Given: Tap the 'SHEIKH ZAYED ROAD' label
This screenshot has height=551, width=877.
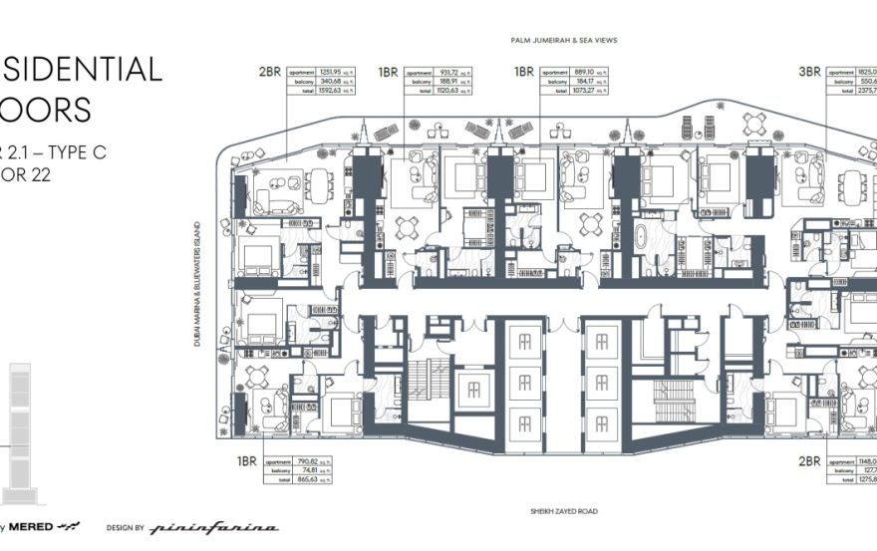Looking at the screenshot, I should tap(562, 512).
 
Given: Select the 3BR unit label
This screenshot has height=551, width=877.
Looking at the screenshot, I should tap(809, 72).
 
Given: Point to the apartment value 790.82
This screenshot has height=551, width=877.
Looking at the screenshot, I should tap(310, 462).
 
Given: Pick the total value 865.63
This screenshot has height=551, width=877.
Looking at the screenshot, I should tap(310, 480).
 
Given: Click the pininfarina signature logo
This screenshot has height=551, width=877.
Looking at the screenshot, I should tap(214, 527).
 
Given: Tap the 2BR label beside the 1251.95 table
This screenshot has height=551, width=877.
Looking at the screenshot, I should tap(269, 72).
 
